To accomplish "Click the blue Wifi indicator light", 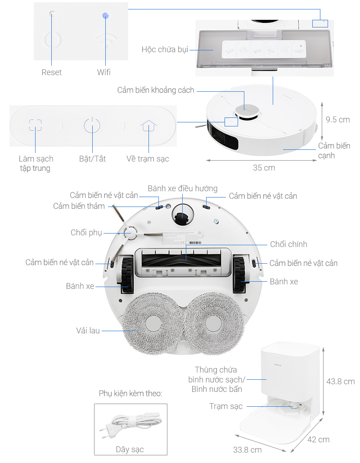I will [105, 16].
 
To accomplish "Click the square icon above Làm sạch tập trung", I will [36, 125].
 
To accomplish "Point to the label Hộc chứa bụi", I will [165, 49].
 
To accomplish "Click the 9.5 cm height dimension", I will [337, 120].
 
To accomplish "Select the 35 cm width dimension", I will [264, 168].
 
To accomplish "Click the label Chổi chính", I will [288, 244].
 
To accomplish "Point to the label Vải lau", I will [88, 331].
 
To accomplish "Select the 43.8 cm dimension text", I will [340, 382].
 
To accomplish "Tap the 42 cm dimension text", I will [318, 439].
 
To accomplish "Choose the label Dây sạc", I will [130, 449].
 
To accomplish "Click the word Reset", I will [51, 72].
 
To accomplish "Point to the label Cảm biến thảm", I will [79, 206].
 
